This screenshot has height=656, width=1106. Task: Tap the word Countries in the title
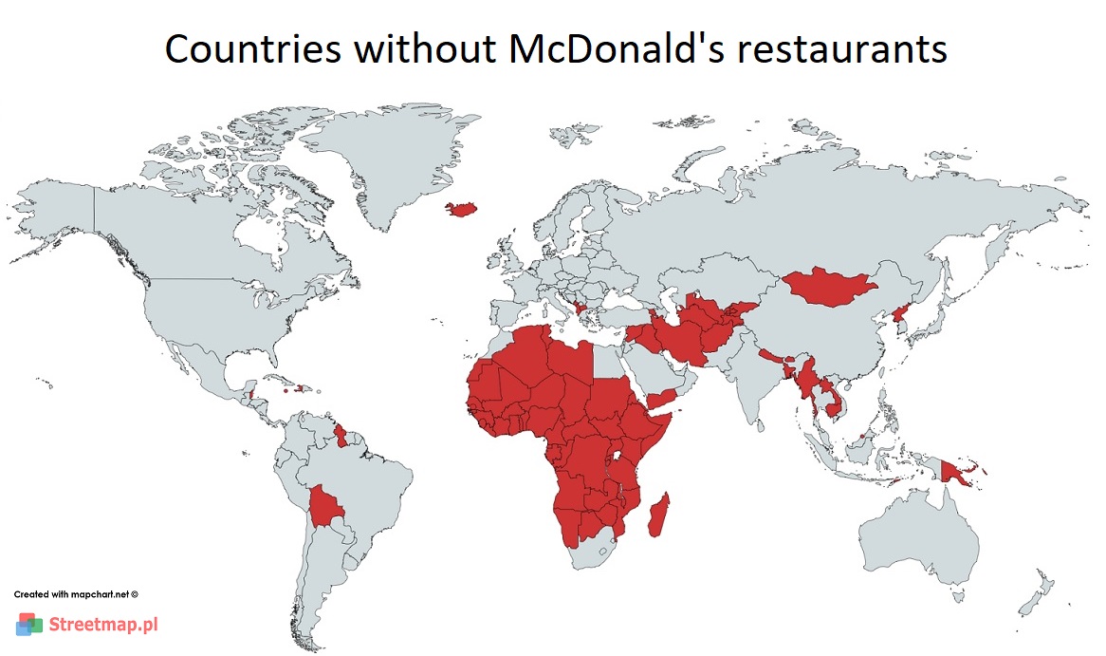coord(252,49)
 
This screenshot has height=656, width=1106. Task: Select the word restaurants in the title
coord(841,49)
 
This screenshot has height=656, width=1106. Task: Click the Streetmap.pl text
coord(102,625)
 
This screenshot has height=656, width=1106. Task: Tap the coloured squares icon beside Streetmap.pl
coord(29,625)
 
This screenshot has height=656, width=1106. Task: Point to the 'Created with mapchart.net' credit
coord(76,594)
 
